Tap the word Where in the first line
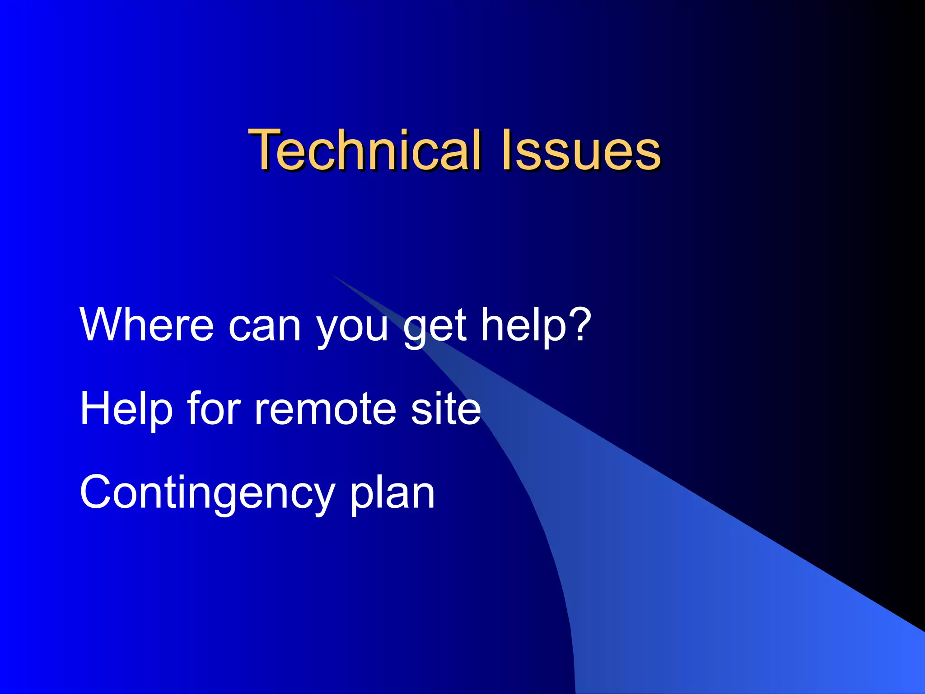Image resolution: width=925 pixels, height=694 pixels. [146, 324]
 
